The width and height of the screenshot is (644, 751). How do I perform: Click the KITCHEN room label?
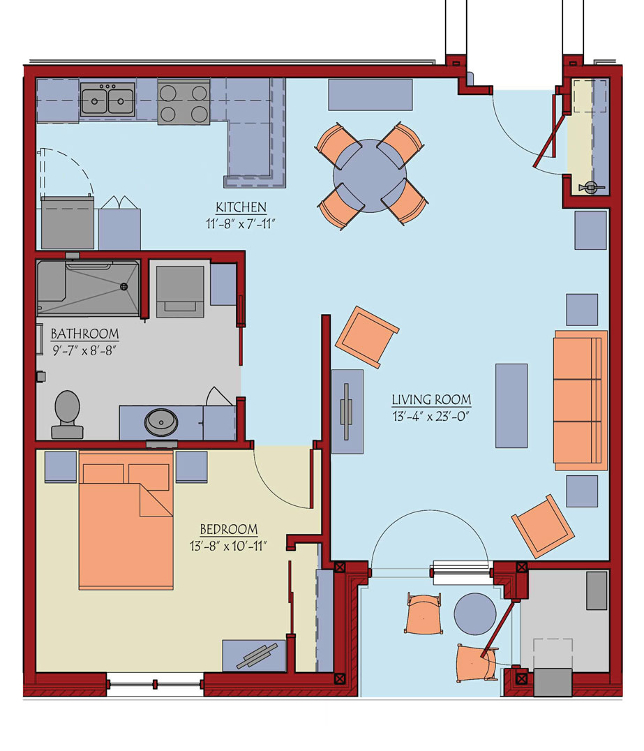click(241, 207)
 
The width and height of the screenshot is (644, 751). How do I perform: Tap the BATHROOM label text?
click(84, 334)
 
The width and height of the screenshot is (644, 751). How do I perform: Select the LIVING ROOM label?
click(431, 399)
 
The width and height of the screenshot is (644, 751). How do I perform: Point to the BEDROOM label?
click(228, 529)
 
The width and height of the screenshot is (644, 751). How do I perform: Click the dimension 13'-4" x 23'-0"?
click(430, 416)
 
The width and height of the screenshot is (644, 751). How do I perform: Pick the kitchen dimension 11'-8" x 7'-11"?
click(240, 223)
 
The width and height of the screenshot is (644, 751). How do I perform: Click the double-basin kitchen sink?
click(107, 100)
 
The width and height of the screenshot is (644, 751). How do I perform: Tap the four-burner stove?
click(184, 102)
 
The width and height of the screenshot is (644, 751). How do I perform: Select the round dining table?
click(370, 177)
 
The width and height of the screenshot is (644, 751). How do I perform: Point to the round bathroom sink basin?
click(161, 422)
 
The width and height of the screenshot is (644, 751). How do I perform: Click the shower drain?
click(123, 287)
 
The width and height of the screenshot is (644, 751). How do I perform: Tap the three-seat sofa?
click(581, 401)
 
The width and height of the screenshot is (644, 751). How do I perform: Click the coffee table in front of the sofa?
click(511, 406)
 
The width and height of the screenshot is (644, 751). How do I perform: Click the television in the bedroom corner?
click(257, 656)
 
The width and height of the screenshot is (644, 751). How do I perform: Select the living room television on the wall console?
click(347, 411)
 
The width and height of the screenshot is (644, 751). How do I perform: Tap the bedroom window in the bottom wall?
click(155, 685)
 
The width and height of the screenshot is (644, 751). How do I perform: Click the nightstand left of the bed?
click(61, 466)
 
